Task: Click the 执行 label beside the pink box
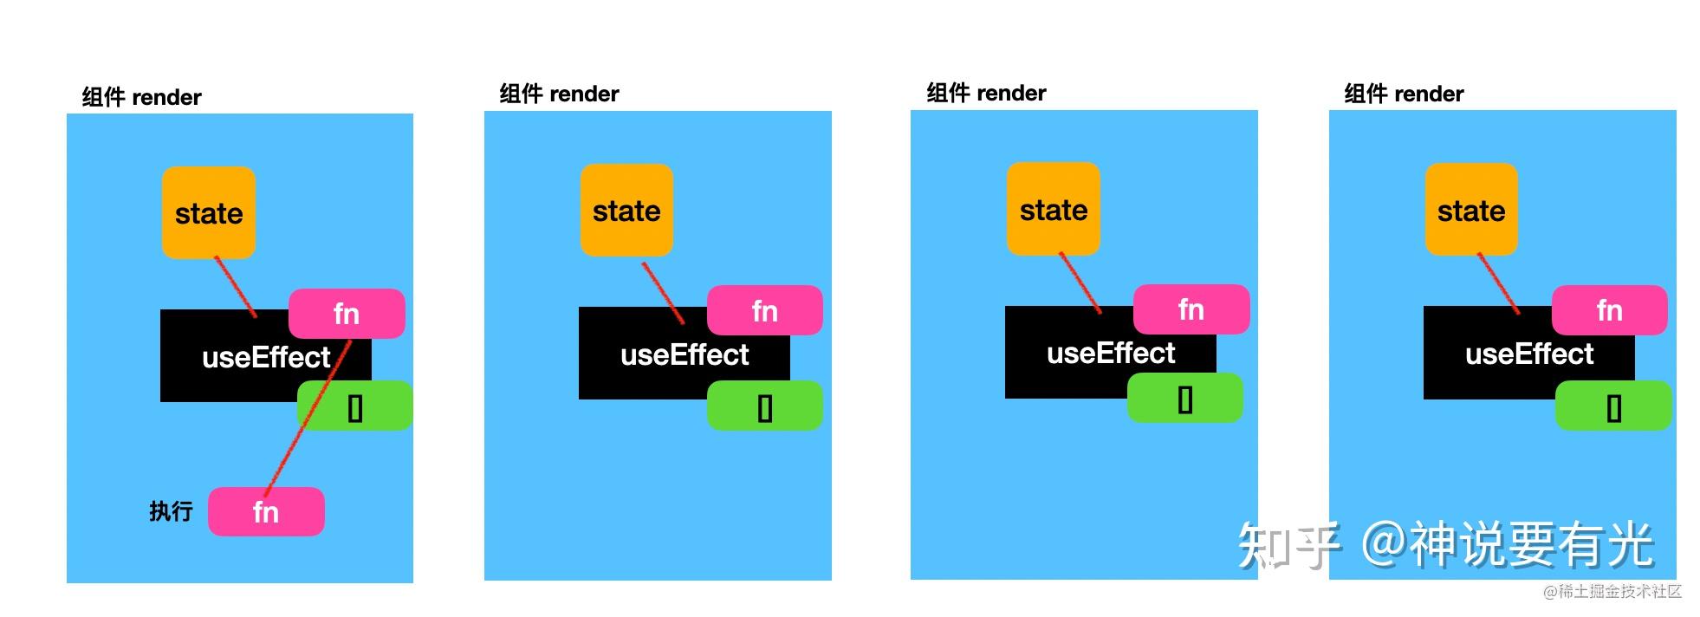tap(171, 511)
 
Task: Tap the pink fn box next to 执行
tap(266, 512)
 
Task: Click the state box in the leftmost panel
tap(209, 213)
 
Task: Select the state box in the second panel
tap(626, 211)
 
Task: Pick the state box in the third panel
tap(1054, 210)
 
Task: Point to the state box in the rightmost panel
tap(1471, 211)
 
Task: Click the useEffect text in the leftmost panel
tap(266, 357)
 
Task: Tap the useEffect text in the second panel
tap(685, 354)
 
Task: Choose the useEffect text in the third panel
tap(1111, 354)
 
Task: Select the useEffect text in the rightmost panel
tap(1529, 354)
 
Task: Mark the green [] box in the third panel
tap(1185, 399)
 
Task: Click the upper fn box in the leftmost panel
tap(347, 314)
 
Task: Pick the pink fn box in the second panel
tap(765, 311)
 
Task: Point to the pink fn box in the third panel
tap(1191, 309)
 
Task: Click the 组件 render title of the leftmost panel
tap(142, 97)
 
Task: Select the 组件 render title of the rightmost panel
tap(1404, 94)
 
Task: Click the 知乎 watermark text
tap(1289, 545)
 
